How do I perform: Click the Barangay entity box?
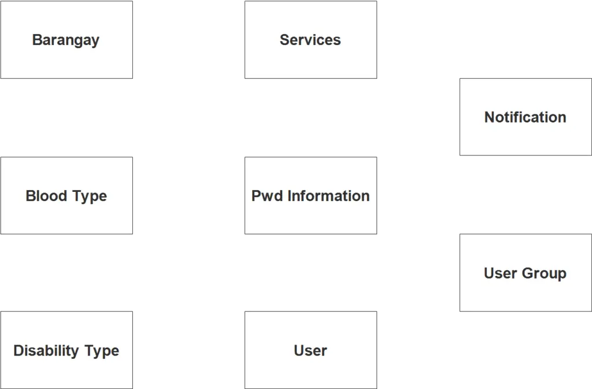[x=66, y=39]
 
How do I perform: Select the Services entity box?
[x=310, y=39]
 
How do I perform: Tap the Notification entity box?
[x=525, y=117]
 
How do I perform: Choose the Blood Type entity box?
[x=66, y=195]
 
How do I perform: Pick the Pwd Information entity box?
[x=310, y=195]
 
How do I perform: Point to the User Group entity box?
[x=525, y=273]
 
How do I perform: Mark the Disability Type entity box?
[x=66, y=350]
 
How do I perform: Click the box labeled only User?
[x=310, y=350]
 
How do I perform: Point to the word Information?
[x=328, y=196]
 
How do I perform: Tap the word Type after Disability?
[x=102, y=351]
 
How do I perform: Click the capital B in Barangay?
[x=36, y=40]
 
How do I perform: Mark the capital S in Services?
[x=284, y=40]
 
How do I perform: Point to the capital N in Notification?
[x=489, y=117]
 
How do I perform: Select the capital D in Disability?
[x=18, y=351]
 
